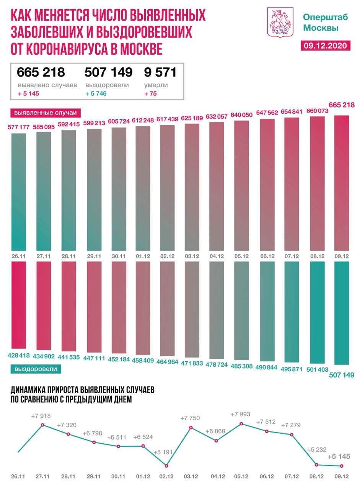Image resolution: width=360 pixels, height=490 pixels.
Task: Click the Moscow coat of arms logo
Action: [x=280, y=22]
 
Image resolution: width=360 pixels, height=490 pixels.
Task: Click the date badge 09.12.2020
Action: [x=325, y=46]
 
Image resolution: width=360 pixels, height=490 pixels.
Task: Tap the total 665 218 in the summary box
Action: [x=41, y=72]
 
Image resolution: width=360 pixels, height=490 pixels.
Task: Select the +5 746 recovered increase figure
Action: [x=96, y=93]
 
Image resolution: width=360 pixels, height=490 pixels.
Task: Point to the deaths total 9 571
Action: [x=160, y=72]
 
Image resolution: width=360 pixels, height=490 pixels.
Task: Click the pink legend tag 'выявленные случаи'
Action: [x=45, y=113]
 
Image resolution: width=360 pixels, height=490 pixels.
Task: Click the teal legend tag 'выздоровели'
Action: [x=36, y=369]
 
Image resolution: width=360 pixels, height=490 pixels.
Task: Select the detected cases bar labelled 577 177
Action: [x=19, y=191]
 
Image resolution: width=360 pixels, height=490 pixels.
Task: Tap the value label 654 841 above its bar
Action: [x=292, y=112]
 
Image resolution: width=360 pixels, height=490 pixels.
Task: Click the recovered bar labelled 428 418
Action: [x=19, y=304]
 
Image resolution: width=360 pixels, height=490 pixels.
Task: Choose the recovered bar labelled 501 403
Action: [x=317, y=312]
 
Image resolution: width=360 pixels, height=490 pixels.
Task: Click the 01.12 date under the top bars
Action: [x=143, y=256]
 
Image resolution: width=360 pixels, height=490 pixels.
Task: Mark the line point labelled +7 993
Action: [x=241, y=424]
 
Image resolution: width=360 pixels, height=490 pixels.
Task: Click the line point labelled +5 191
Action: [x=166, y=465]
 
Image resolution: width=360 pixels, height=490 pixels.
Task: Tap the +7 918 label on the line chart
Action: [x=41, y=415]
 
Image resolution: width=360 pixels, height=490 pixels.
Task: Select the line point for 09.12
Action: [x=341, y=466]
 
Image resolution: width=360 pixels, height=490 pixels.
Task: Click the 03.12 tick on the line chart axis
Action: [x=191, y=477]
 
